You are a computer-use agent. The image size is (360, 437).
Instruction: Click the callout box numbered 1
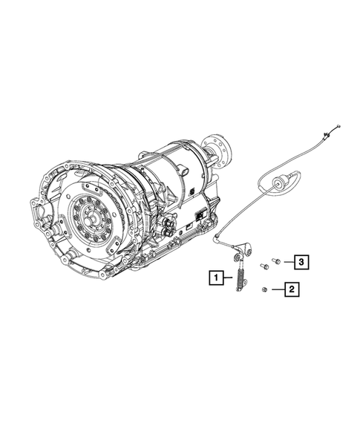pyautogui.click(x=215, y=278)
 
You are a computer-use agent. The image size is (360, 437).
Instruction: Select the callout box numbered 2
pyautogui.click(x=292, y=289)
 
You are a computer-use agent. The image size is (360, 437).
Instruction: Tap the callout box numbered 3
pyautogui.click(x=301, y=261)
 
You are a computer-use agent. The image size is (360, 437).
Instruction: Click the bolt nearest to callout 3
pyautogui.click(x=277, y=260)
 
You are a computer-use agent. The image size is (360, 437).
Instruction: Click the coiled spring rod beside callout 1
pyautogui.click(x=240, y=280)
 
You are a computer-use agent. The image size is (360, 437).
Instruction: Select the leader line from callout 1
pyautogui.click(x=227, y=279)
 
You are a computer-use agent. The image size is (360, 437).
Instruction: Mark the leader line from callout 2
pyautogui.click(x=277, y=289)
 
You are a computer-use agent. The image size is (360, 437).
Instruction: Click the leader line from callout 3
pyautogui.click(x=287, y=261)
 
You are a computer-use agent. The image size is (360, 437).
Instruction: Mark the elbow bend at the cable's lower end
pyautogui.click(x=218, y=237)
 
